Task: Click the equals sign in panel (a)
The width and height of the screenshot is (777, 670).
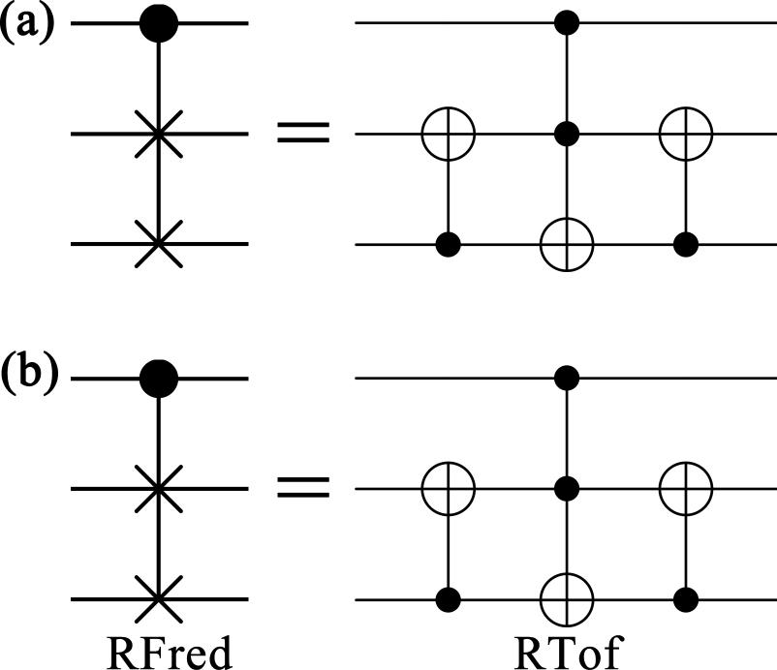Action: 302,133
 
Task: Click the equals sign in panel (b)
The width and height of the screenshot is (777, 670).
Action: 302,488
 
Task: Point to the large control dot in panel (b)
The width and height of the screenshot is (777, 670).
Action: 160,378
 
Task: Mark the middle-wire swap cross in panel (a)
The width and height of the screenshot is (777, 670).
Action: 160,134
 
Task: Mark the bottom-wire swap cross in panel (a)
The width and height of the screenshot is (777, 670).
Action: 160,244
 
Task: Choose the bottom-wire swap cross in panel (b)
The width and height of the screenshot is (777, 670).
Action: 160,599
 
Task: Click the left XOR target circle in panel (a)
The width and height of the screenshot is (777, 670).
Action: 448,134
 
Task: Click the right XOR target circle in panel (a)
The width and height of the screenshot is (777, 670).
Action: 685,134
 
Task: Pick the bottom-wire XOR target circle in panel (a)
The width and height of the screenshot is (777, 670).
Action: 567,245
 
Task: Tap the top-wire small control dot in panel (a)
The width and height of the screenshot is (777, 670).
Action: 567,22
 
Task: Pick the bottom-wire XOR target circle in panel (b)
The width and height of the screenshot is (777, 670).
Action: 567,600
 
